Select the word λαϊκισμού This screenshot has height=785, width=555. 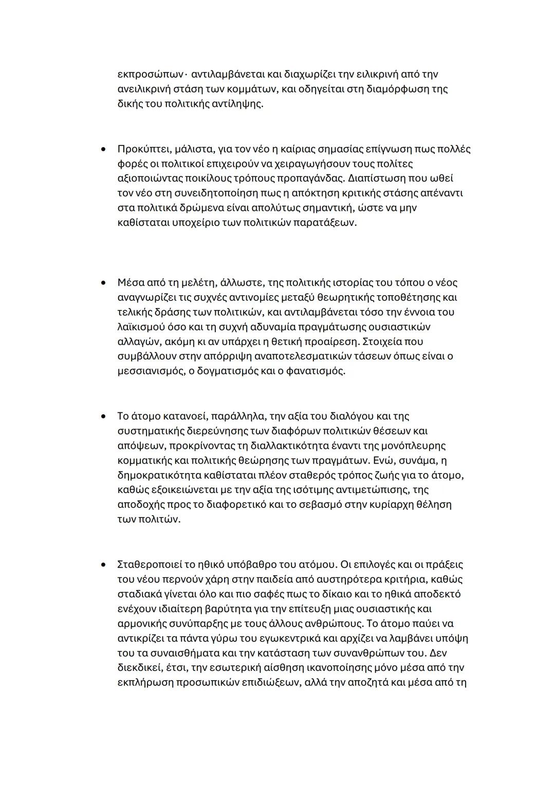click(x=142, y=327)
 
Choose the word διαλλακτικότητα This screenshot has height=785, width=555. click(x=289, y=445)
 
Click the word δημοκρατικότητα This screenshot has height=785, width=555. click(x=158, y=475)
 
